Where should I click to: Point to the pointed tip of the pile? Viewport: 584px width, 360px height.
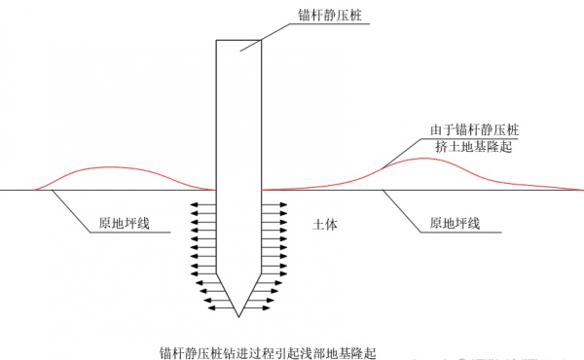[238, 316]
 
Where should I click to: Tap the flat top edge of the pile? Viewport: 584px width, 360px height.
[238, 40]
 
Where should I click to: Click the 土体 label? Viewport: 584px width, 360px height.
[324, 223]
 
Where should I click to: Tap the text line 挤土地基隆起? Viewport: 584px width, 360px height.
[474, 146]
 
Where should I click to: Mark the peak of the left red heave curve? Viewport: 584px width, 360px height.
[107, 168]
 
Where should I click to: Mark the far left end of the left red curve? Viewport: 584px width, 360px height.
[34, 189]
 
